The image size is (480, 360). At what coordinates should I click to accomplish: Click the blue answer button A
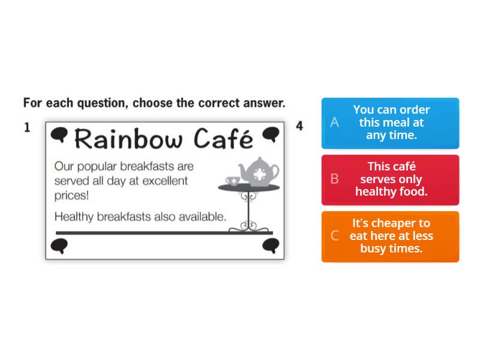[390, 123]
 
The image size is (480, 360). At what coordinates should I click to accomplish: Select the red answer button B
[390, 179]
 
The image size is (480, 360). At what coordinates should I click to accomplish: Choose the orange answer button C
[390, 236]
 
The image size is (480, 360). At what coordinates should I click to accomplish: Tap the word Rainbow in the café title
[129, 139]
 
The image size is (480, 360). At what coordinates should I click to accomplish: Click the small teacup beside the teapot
[232, 181]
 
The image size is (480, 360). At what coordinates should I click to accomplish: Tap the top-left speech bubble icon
[59, 135]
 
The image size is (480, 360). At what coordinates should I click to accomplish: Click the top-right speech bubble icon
[271, 134]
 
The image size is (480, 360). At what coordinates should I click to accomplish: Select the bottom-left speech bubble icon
[59, 245]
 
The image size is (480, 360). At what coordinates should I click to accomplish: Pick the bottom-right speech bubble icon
[271, 245]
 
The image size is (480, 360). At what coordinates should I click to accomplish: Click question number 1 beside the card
[27, 127]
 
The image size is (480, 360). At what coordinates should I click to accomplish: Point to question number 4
[299, 127]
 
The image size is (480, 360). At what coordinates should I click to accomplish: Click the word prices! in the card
[71, 196]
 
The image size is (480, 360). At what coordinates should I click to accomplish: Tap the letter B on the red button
[335, 179]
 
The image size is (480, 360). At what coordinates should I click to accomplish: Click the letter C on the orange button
[335, 236]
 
